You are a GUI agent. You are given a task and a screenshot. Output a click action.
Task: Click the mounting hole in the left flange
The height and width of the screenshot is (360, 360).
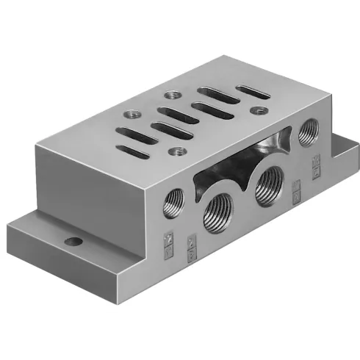pyautogui.click(x=72, y=240)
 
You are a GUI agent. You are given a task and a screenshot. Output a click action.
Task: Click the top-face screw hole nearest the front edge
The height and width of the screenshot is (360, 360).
pyautogui.click(x=176, y=151)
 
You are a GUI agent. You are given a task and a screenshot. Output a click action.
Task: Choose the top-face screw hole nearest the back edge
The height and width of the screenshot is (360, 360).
pyautogui.click(x=173, y=94)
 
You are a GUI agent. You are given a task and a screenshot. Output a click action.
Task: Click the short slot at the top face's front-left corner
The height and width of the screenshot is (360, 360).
pyautogui.click(x=127, y=151)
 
